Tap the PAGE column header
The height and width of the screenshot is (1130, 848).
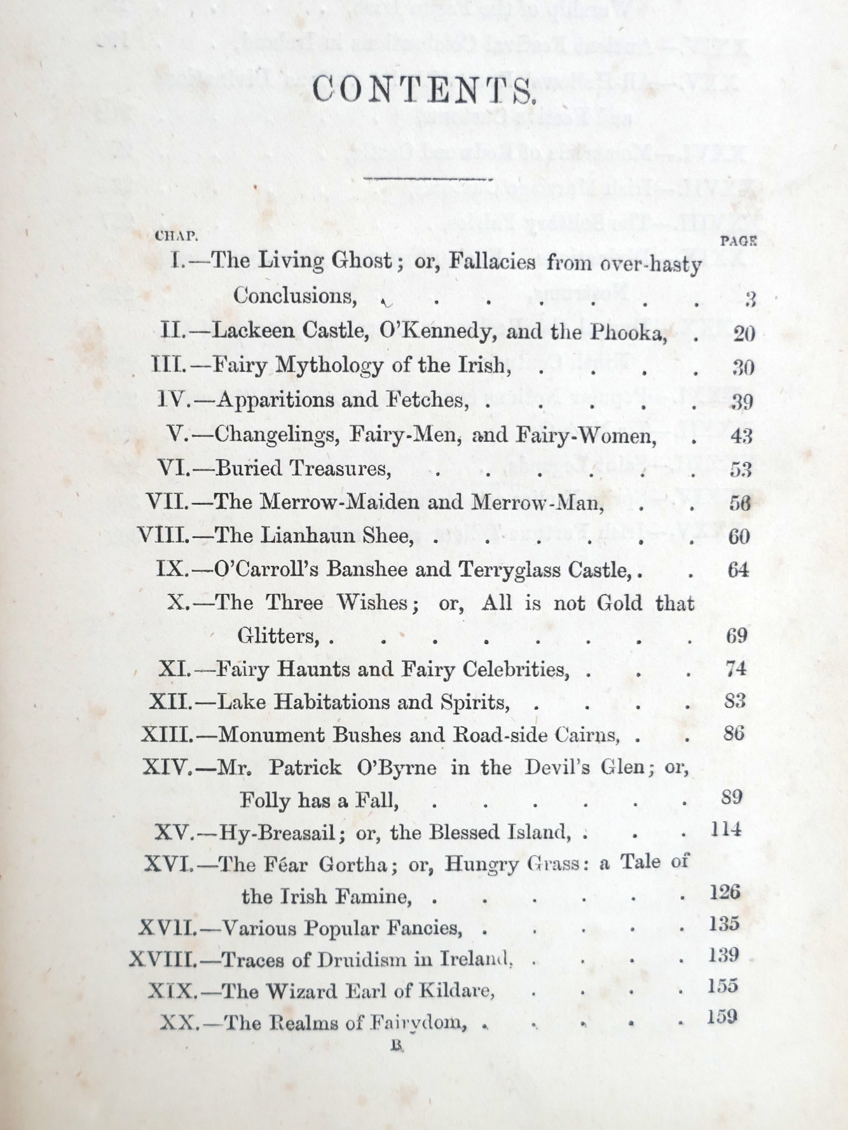pos(739,241)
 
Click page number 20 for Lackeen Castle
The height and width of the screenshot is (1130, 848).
pos(744,333)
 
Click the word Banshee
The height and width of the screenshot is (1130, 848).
pos(366,569)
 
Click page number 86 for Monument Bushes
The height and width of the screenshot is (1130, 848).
pos(734,733)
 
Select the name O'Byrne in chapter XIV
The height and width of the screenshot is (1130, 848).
pos(398,768)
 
